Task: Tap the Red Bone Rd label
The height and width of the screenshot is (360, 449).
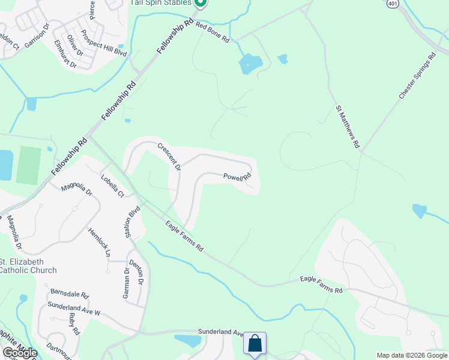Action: point(212,34)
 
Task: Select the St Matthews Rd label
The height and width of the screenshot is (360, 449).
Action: point(348,127)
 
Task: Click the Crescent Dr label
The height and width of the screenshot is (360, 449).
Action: point(169,156)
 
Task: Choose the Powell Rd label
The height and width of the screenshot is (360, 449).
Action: point(237,177)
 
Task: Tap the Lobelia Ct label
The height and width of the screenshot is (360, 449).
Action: point(112,186)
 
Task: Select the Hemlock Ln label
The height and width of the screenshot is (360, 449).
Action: point(100,242)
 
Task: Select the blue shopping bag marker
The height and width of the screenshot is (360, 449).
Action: point(255,344)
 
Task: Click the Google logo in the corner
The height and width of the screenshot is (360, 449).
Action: point(20,353)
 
